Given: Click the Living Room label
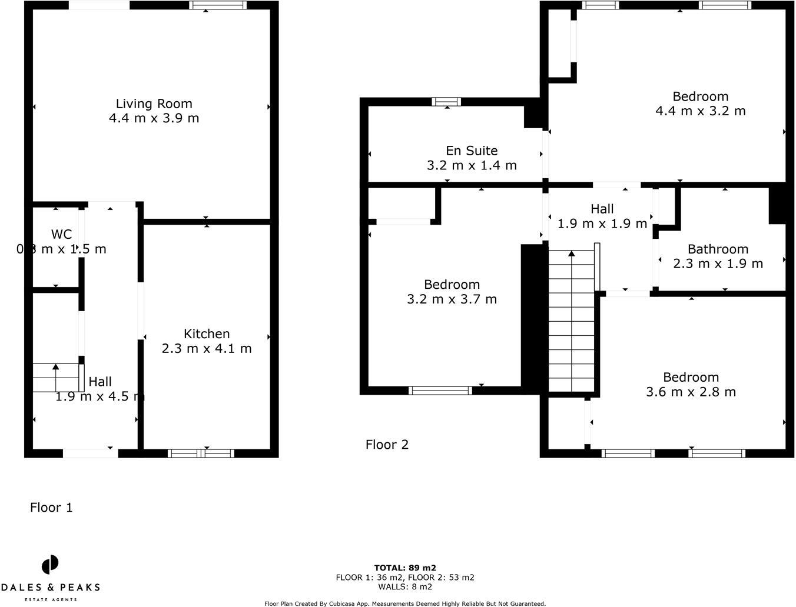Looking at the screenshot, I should coord(154,104).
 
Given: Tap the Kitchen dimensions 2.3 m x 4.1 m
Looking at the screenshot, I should coord(207,348).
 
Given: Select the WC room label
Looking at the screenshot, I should coord(61,235).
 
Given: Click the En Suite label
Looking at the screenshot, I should coord(472,151).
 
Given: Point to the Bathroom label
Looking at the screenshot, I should coord(718,249).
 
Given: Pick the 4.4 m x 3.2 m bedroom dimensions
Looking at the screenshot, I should coord(701,111).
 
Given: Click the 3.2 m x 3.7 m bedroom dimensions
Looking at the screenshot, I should coord(452,299).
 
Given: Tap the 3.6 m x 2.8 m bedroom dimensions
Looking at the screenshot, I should coord(691,392).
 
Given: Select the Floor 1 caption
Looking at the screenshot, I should coord(51,507).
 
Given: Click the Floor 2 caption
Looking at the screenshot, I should coord(387,444).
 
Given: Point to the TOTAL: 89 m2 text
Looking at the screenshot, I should coord(405,568).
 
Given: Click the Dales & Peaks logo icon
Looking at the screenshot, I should coord(50,565).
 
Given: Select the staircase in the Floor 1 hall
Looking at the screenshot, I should coord(56,378).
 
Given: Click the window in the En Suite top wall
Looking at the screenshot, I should coord(446,102).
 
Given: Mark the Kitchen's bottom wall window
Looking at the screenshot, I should coord(201,453).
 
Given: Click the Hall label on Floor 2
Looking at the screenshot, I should coord(602,209).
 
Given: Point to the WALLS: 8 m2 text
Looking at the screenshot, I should coord(405,586).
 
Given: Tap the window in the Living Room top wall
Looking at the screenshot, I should coord(218,5).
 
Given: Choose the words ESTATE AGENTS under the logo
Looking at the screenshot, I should coord(50,599).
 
